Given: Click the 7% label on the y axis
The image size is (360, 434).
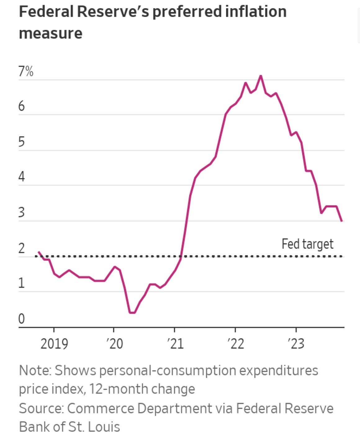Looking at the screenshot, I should click(x=26, y=72).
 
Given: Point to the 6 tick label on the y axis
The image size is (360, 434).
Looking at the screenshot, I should click(x=21, y=106).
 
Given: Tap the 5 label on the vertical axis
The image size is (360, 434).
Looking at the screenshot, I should click(x=21, y=142).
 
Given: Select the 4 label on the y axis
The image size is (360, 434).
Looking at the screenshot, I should click(x=21, y=177).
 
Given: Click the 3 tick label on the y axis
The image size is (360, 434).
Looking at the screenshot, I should click(x=21, y=213).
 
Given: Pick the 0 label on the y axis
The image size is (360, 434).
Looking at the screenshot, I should click(x=21, y=319).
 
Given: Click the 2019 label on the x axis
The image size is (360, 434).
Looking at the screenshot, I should click(x=54, y=344).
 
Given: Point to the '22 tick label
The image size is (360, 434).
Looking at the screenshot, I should click(x=236, y=344).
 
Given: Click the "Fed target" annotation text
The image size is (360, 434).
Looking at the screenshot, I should click(x=307, y=244).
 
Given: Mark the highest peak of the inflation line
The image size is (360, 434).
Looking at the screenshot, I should click(x=261, y=76).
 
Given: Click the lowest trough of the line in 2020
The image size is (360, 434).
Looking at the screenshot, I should click(x=132, y=312).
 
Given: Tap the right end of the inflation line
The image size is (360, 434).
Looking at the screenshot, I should click(x=342, y=221).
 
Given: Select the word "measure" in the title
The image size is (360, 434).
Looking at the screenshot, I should click(x=51, y=34).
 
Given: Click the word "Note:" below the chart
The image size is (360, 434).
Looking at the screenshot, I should click(x=35, y=370).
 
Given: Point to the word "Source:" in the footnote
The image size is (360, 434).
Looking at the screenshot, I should click(x=41, y=408).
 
